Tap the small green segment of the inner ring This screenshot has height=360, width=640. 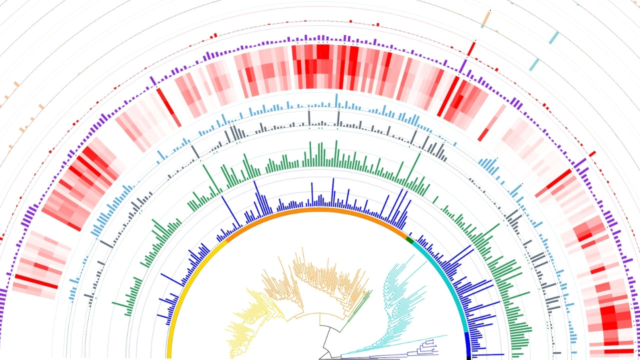point(410,240)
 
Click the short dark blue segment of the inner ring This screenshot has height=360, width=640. point(467,342)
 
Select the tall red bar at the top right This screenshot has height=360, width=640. point(471,49)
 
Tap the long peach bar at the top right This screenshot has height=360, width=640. point(486,18)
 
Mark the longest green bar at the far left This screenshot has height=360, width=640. point(120,305)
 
